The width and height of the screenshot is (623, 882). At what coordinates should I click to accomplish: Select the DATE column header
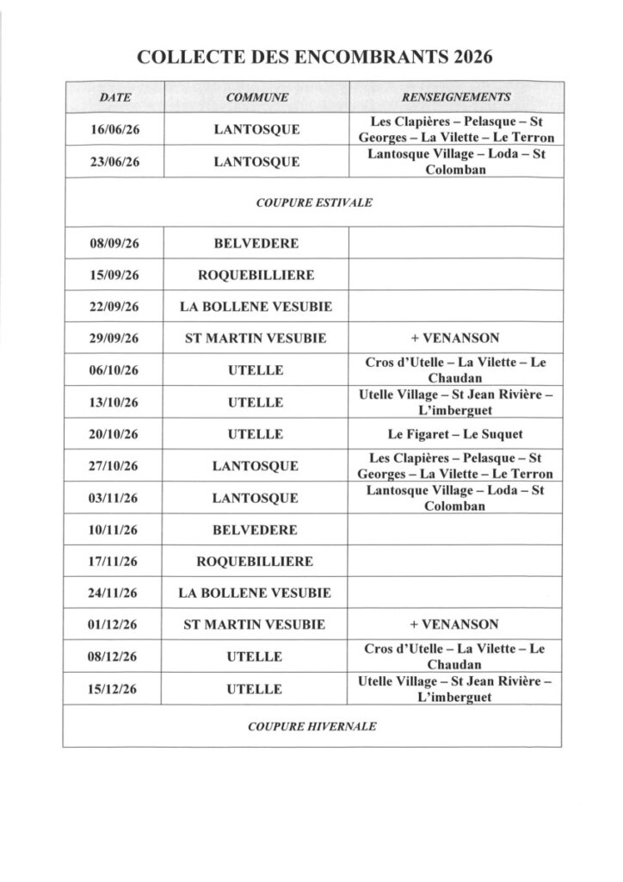click(114, 97)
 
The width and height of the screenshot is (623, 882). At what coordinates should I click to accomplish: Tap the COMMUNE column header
click(256, 97)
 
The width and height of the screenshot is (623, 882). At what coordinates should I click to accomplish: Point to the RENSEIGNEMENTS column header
click(456, 97)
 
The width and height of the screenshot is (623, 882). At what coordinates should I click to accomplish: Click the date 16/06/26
click(114, 130)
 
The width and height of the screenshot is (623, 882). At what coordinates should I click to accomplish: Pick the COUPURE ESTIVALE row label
click(314, 202)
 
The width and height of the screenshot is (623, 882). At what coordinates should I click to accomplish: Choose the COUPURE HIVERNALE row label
click(312, 726)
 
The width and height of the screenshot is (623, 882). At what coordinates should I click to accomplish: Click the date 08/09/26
click(114, 244)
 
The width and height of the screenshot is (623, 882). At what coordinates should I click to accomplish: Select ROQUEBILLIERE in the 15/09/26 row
click(256, 276)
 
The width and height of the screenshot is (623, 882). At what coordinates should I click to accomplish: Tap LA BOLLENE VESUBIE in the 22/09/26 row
click(256, 307)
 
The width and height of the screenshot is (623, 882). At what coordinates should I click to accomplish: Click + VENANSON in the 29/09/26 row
click(456, 339)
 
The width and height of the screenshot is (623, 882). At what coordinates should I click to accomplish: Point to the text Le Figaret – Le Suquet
click(456, 433)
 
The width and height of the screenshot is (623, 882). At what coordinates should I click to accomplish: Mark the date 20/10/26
click(114, 433)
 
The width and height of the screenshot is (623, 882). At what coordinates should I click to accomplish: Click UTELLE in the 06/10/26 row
click(256, 370)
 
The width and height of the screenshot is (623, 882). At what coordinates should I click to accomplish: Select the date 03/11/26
click(114, 498)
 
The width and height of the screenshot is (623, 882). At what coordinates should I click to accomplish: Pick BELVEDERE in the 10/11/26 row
click(256, 530)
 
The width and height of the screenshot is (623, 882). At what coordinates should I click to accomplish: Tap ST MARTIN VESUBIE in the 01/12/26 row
click(256, 624)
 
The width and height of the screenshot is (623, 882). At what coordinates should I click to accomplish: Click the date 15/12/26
click(114, 688)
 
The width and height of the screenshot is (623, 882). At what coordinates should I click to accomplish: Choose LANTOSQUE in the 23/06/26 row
click(256, 162)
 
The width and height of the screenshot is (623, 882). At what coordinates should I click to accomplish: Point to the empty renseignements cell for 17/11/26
click(456, 561)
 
